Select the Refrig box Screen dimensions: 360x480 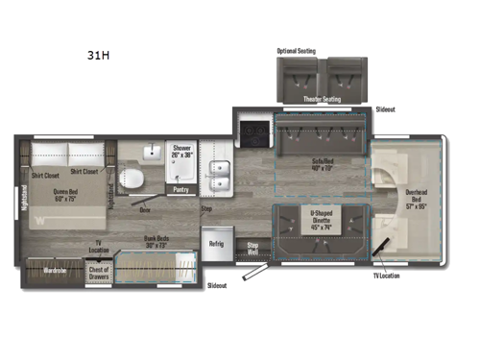(217, 245)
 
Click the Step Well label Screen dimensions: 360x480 (253, 248)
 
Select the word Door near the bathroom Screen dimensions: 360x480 (144, 208)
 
